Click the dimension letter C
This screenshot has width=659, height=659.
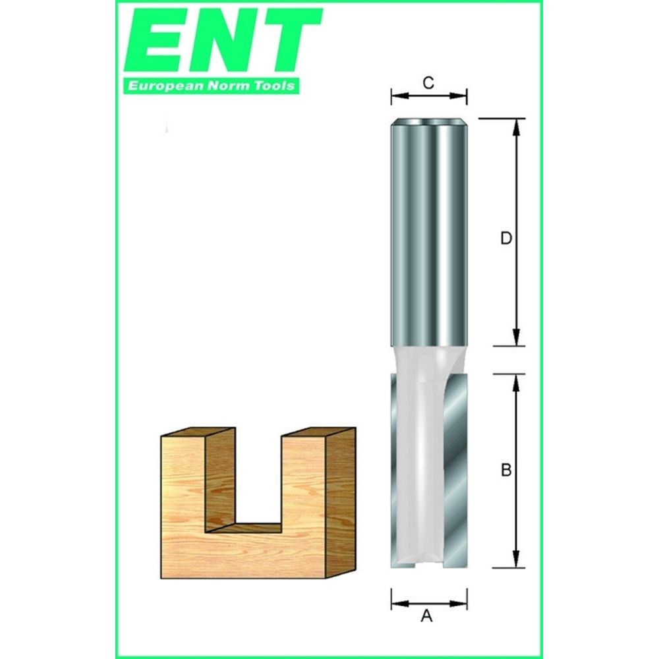coord(428,82)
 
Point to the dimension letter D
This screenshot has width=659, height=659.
coord(505,239)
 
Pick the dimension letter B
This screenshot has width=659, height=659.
coord(506,471)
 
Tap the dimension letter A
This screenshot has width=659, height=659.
coord(427,617)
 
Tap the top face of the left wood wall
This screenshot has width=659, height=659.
coord(198,434)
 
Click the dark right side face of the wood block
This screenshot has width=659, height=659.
coord(341,501)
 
